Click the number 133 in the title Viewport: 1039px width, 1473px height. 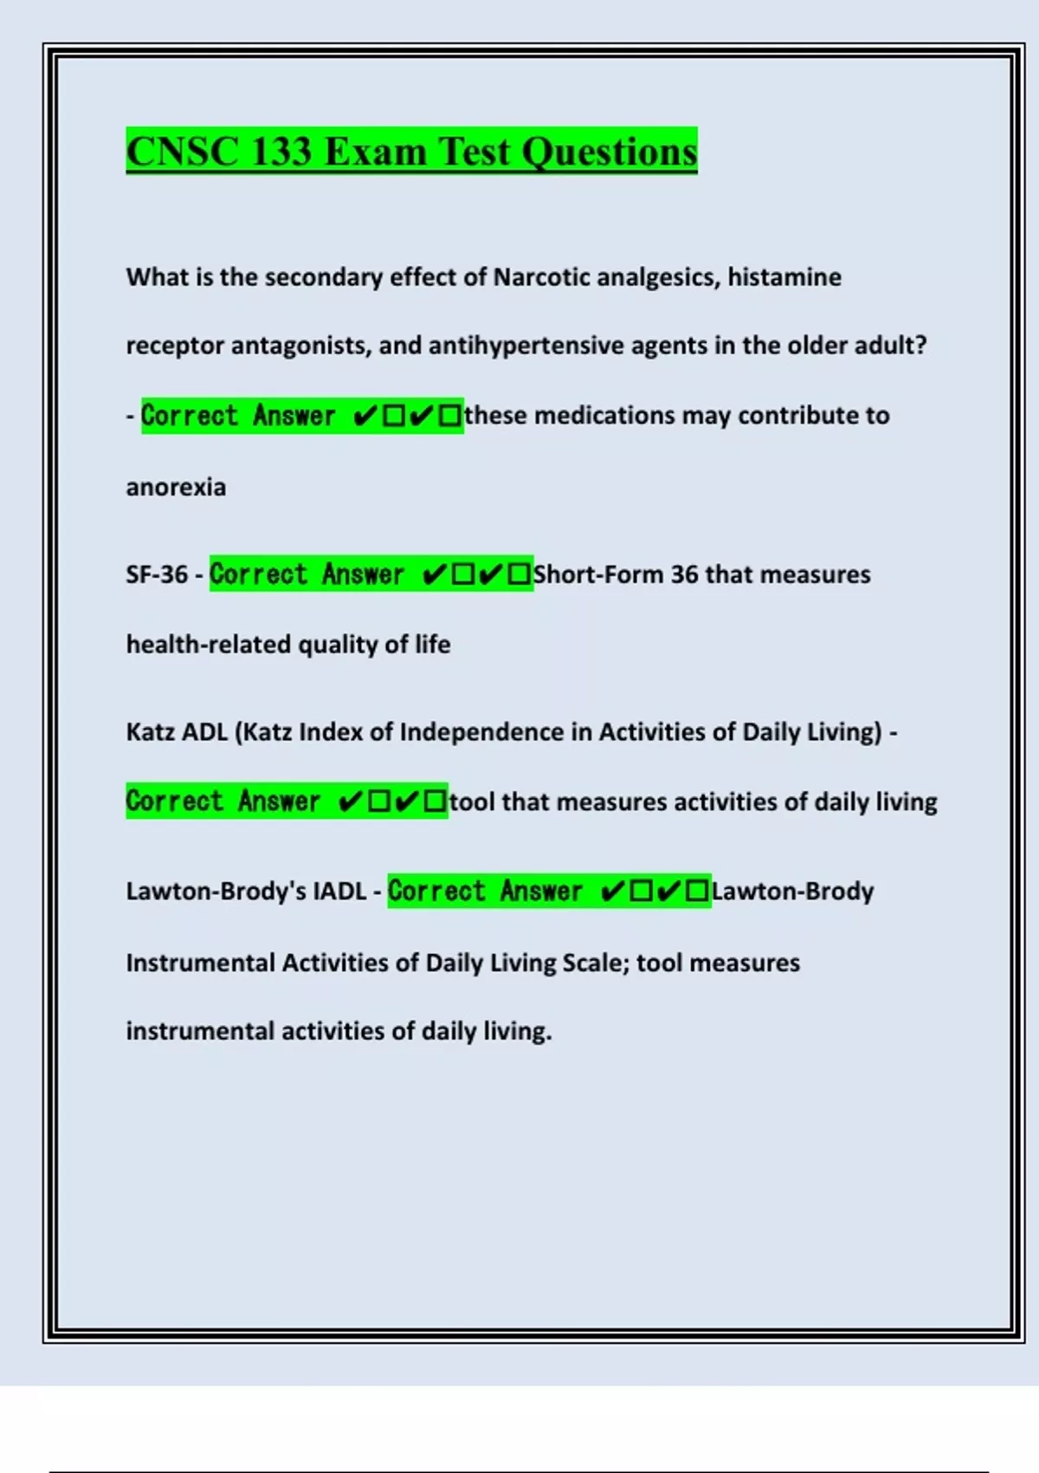(281, 152)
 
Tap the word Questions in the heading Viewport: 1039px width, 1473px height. (609, 152)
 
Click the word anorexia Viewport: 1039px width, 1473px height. (176, 487)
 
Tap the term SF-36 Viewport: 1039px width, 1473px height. (157, 574)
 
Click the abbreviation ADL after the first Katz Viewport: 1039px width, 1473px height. (204, 732)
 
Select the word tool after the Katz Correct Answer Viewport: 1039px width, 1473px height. (472, 802)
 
